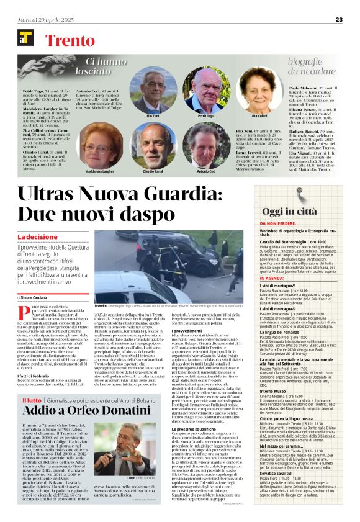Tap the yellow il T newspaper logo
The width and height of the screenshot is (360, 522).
point(25,38)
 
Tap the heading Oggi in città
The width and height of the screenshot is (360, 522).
point(289,211)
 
